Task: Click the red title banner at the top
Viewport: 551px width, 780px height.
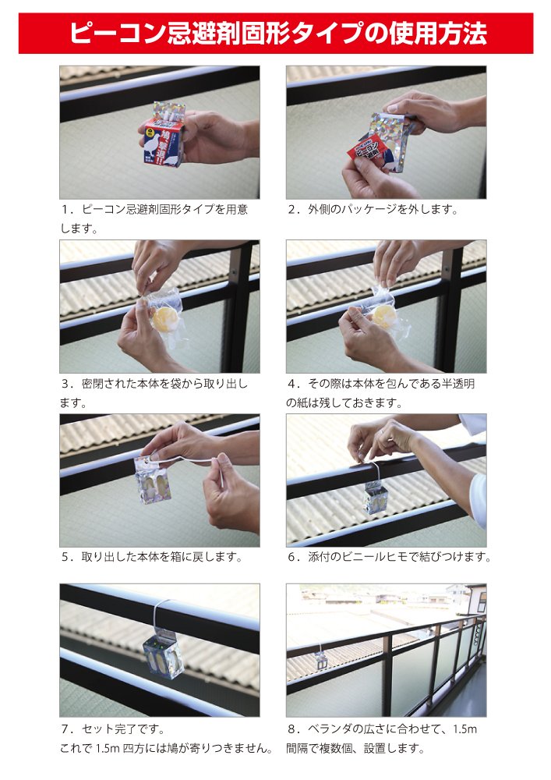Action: (276, 33)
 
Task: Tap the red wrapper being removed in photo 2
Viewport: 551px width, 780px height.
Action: (366, 150)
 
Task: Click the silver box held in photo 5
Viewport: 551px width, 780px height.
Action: (153, 479)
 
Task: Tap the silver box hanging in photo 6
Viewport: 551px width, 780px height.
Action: (377, 497)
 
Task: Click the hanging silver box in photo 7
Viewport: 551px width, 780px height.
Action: (162, 652)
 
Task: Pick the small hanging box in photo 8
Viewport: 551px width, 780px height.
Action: (321, 659)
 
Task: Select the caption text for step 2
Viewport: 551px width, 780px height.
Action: (373, 209)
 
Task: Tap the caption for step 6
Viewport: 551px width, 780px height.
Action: (390, 557)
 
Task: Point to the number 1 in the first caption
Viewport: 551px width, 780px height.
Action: (65, 209)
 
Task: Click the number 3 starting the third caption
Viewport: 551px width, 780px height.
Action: (65, 384)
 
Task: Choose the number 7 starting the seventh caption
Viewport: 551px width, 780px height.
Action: (65, 729)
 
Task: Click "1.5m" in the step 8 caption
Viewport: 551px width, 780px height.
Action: (465, 729)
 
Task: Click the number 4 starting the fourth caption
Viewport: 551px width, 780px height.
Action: (291, 384)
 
